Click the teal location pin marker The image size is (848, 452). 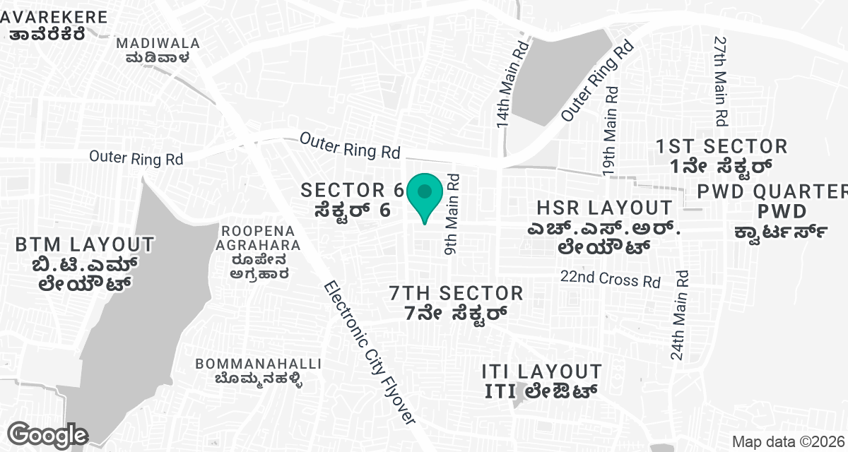pyautogui.click(x=424, y=195)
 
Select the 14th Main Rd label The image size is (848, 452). pyautogui.click(x=512, y=84)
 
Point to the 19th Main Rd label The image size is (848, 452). pyautogui.click(x=610, y=131)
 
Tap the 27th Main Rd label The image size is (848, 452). pyautogui.click(x=720, y=81)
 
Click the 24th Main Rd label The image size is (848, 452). pyautogui.click(x=680, y=315)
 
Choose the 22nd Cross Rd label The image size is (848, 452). pyautogui.click(x=611, y=278)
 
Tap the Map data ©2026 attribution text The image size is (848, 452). pyautogui.click(x=787, y=441)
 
